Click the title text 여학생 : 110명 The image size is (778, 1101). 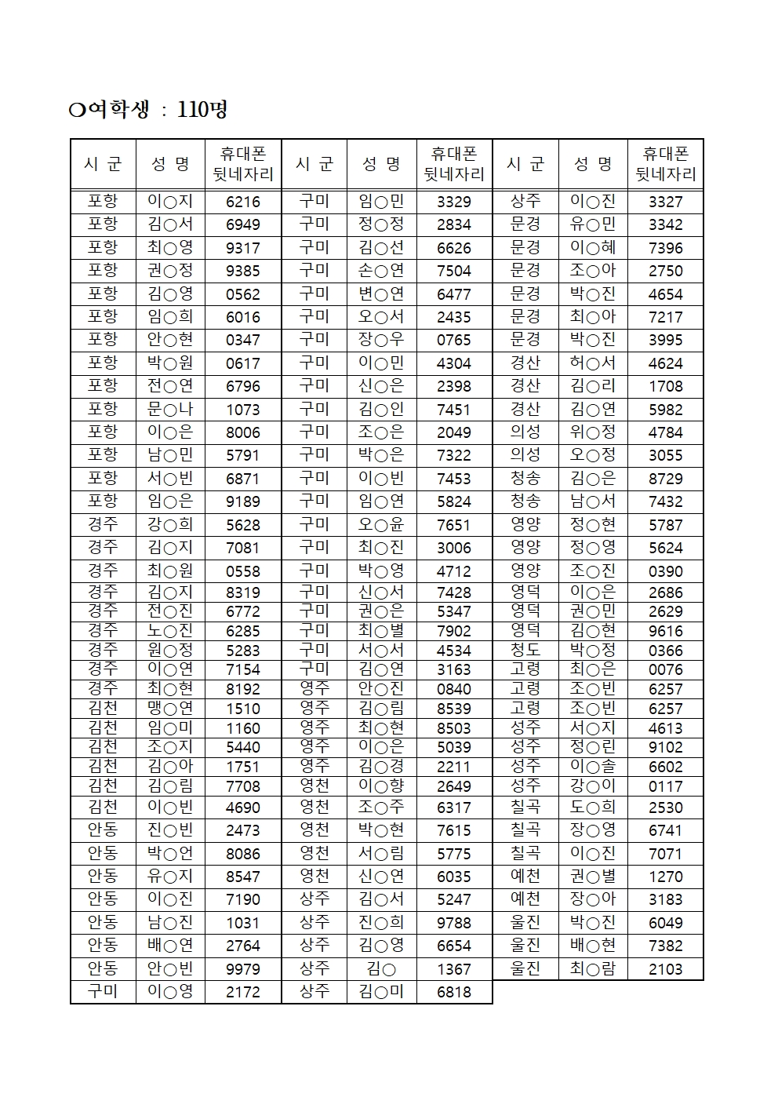tap(148, 109)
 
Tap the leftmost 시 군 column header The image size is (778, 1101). tap(103, 164)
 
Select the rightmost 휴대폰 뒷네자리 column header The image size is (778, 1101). tap(665, 164)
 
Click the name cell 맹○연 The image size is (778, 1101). tap(170, 708)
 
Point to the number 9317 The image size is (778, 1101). tap(242, 247)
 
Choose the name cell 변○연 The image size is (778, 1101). tap(381, 293)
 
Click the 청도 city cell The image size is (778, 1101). tap(525, 650)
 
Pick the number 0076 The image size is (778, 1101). tap(665, 669)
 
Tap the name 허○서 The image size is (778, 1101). tap(593, 363)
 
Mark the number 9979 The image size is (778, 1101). tap(242, 968)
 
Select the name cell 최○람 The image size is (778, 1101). tap(593, 968)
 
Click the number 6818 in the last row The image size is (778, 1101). tap(453, 992)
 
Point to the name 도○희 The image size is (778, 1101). tap(593, 807)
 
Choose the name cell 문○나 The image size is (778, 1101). tap(170, 409)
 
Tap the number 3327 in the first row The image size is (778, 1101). tap(665, 201)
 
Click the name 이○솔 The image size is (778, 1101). tap(593, 767)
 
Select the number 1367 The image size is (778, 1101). tap(453, 968)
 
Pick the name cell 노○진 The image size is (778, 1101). tap(170, 630)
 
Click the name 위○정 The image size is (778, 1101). tap(593, 432)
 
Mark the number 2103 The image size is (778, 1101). tap(665, 968)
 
